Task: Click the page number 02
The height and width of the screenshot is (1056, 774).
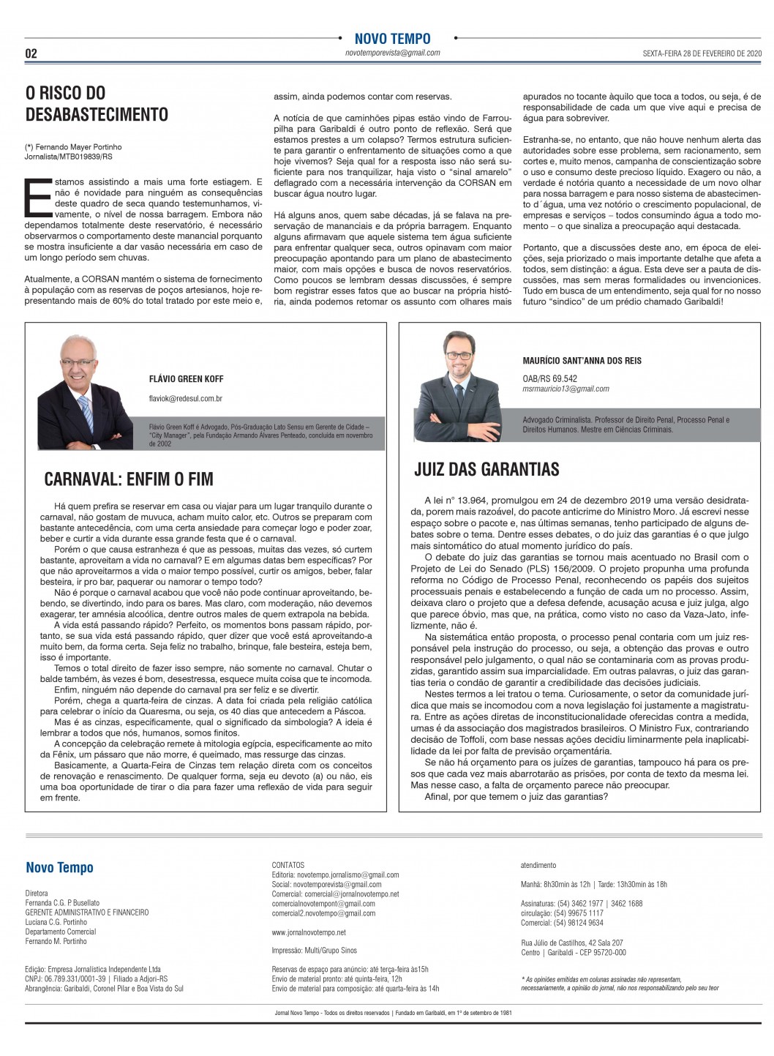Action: [31, 53]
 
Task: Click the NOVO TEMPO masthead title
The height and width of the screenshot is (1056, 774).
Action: [392, 39]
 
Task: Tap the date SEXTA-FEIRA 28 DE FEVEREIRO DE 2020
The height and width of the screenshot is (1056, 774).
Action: [702, 53]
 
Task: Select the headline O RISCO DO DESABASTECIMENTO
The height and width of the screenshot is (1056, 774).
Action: [97, 103]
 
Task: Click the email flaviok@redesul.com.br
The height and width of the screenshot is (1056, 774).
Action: [185, 399]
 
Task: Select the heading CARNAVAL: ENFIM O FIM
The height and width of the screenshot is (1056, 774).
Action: [129, 479]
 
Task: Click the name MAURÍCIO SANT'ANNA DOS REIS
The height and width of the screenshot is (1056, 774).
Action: [582, 361]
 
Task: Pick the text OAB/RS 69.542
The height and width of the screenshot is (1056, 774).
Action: [549, 378]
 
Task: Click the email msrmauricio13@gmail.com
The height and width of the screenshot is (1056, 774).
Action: [566, 389]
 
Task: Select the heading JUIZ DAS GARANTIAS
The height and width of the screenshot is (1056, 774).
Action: [486, 468]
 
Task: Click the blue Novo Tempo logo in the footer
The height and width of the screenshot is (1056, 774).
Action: [59, 868]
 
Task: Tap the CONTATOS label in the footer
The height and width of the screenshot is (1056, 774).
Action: [288, 865]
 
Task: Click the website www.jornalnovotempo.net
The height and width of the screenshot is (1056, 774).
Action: [309, 932]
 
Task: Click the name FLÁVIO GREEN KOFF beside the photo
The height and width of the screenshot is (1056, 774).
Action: [186, 379]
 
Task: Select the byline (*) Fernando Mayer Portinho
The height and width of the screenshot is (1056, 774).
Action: [73, 147]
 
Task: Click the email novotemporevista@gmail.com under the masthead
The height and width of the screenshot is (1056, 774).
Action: [392, 53]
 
